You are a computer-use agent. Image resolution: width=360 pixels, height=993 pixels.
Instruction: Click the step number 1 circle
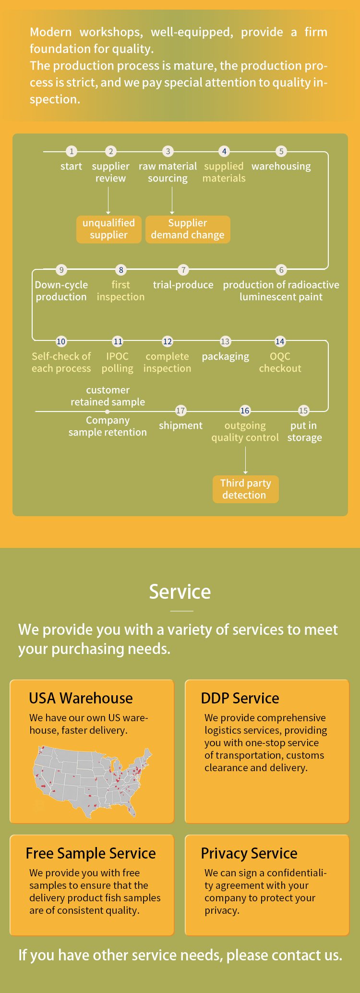[x=72, y=151]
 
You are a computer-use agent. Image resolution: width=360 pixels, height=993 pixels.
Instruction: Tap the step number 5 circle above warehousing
[x=281, y=151]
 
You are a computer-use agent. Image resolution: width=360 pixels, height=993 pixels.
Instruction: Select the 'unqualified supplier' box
[x=109, y=229]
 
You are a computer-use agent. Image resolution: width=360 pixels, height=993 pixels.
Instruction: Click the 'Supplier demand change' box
[x=188, y=229]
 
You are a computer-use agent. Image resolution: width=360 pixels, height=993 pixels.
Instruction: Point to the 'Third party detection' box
[x=245, y=489]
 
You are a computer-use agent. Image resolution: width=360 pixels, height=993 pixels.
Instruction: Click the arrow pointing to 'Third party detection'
[x=245, y=460]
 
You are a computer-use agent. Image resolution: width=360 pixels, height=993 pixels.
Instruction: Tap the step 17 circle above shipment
[x=180, y=411]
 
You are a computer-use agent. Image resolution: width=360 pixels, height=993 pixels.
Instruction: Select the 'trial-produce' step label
[x=183, y=285]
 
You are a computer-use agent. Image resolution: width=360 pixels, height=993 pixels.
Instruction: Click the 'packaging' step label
[x=226, y=357]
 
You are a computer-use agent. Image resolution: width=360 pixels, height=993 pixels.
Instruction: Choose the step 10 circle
[x=61, y=341]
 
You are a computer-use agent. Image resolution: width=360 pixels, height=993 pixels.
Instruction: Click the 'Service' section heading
[x=180, y=592]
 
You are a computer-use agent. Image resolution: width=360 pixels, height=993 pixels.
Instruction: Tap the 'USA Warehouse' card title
[x=81, y=698]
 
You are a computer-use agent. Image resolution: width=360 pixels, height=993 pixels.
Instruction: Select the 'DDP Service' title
[x=240, y=698]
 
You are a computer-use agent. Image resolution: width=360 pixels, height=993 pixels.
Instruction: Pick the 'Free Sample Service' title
[x=91, y=853]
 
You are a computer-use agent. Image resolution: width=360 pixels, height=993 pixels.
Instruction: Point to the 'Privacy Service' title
[x=249, y=853]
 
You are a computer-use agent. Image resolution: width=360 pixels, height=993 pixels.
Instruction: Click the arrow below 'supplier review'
[x=108, y=200]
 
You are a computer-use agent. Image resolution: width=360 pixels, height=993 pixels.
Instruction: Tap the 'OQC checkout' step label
[x=280, y=363]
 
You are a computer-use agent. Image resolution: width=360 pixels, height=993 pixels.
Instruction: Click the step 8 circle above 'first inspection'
[x=121, y=270]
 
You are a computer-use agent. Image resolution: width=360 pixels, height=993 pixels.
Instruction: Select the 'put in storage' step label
[x=304, y=431]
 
